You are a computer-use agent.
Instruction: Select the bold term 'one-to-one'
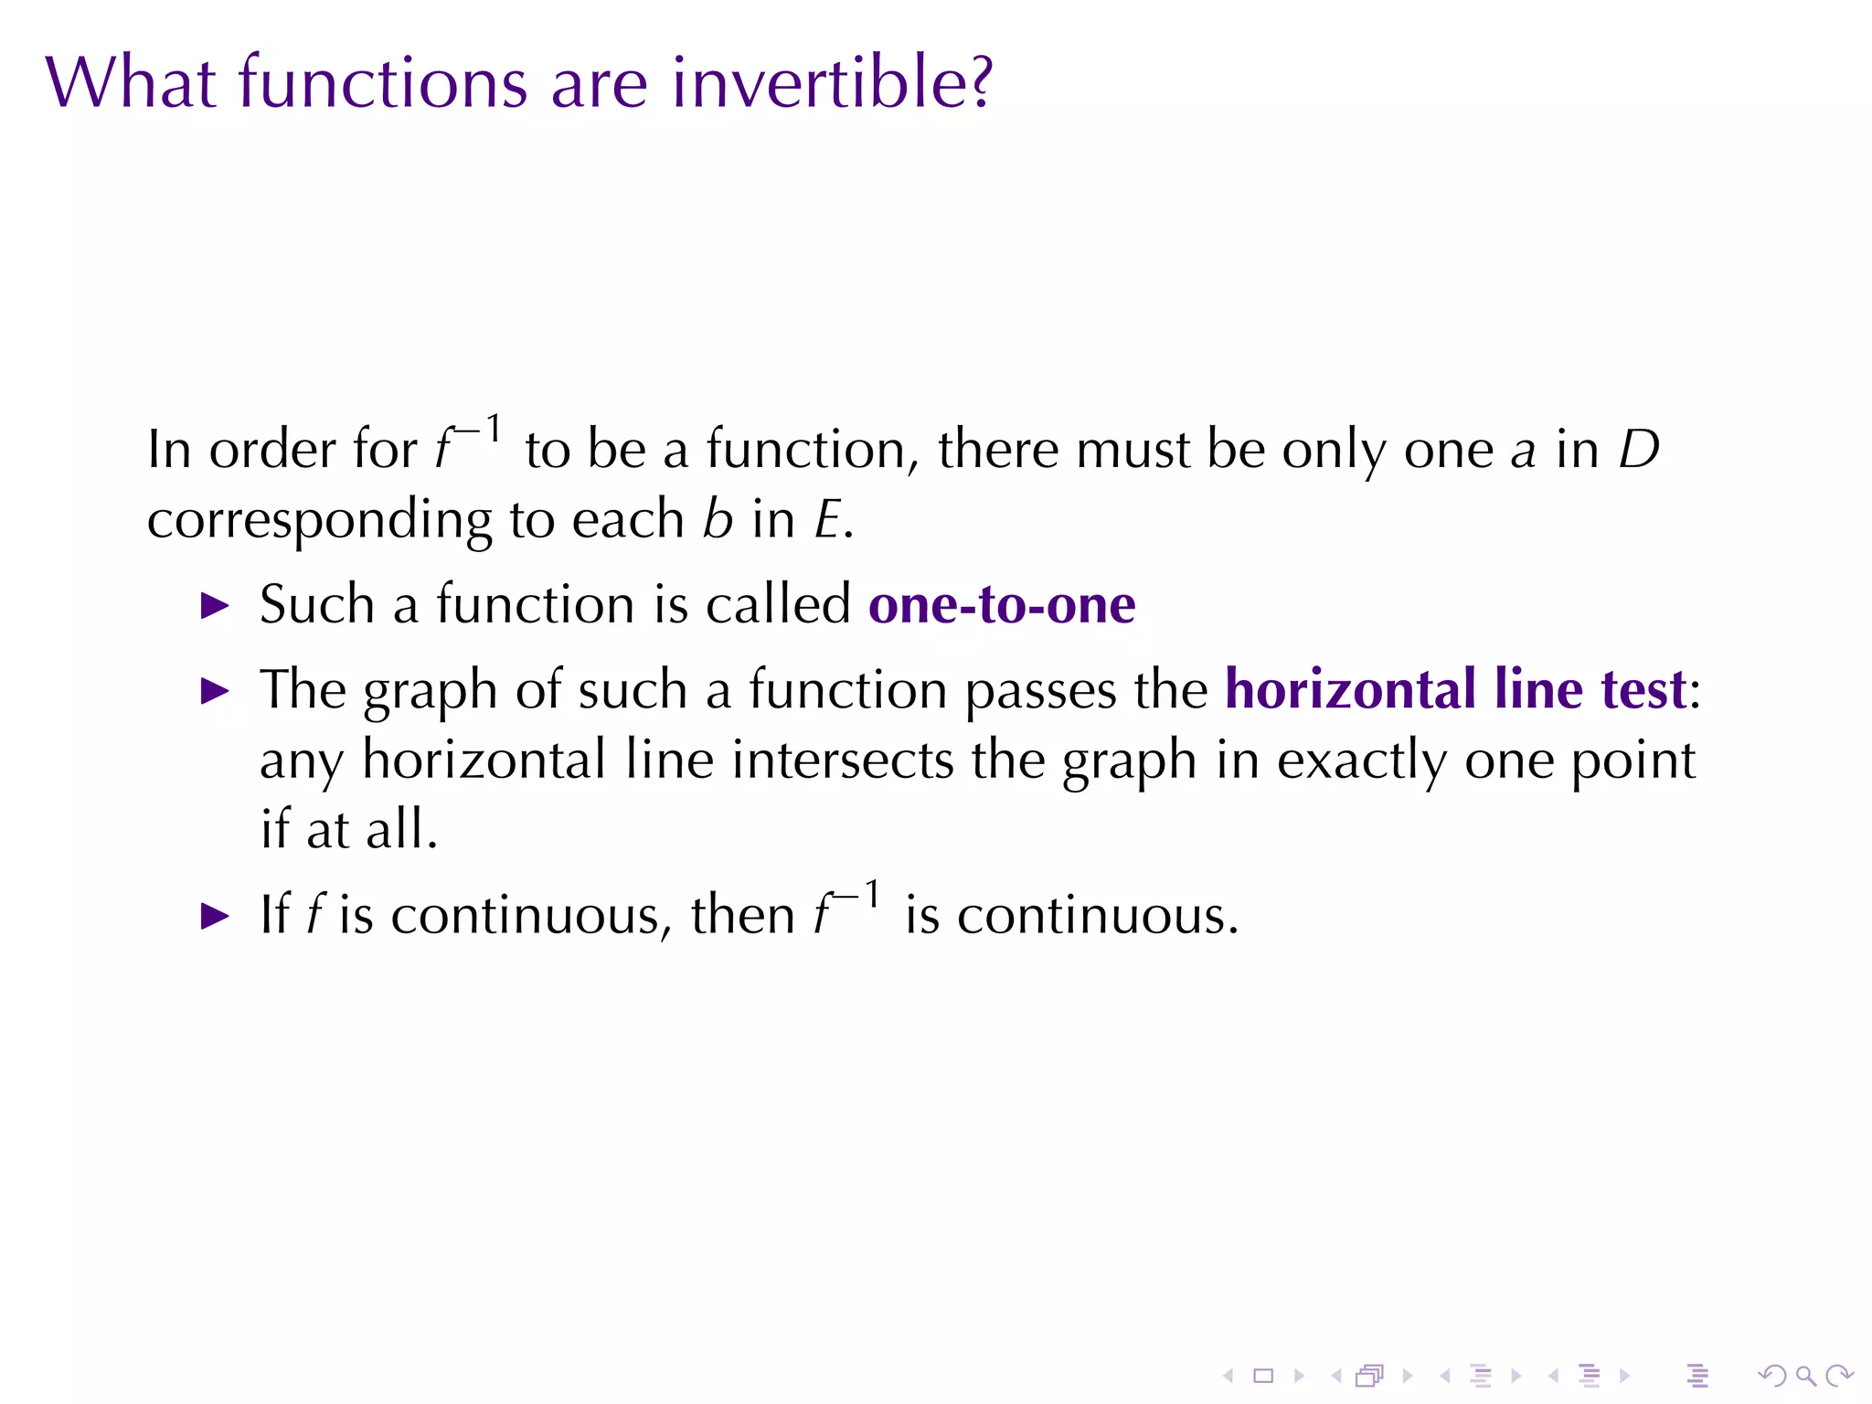point(1002,605)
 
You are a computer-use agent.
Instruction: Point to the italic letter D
point(1638,450)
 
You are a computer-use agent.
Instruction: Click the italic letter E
point(827,521)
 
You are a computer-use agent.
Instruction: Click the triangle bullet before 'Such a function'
point(215,605)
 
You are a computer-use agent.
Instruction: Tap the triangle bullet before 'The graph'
point(215,691)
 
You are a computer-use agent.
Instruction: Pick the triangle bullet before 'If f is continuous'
point(215,916)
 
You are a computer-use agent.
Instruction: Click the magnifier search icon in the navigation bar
point(1805,1376)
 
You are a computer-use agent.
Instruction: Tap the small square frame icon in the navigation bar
point(1263,1376)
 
